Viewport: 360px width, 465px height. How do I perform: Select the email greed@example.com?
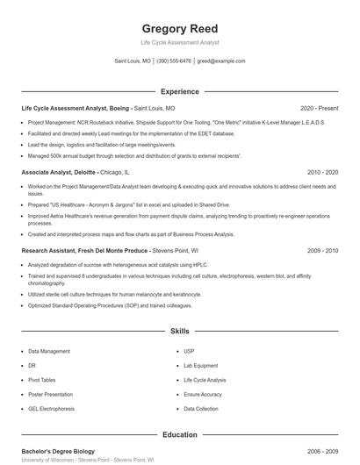point(221,61)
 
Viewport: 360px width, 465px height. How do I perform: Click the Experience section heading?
point(179,91)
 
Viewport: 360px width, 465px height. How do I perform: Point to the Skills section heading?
point(179,332)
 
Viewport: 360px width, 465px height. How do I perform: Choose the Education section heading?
point(179,433)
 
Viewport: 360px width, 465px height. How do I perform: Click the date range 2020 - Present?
point(319,108)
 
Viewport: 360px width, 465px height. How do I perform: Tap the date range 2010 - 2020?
point(322,173)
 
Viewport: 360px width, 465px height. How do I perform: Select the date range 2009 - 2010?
point(322,250)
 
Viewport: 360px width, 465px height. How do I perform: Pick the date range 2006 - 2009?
point(322,450)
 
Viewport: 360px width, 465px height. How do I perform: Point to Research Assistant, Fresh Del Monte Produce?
point(86,250)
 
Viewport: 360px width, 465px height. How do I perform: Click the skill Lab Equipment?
point(200,365)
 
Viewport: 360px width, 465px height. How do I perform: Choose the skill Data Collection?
point(201,408)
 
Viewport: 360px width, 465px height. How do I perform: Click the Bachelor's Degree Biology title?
point(58,450)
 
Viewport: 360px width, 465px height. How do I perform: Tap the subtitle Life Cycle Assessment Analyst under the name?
point(179,42)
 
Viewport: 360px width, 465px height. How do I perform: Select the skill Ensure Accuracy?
point(202,394)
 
